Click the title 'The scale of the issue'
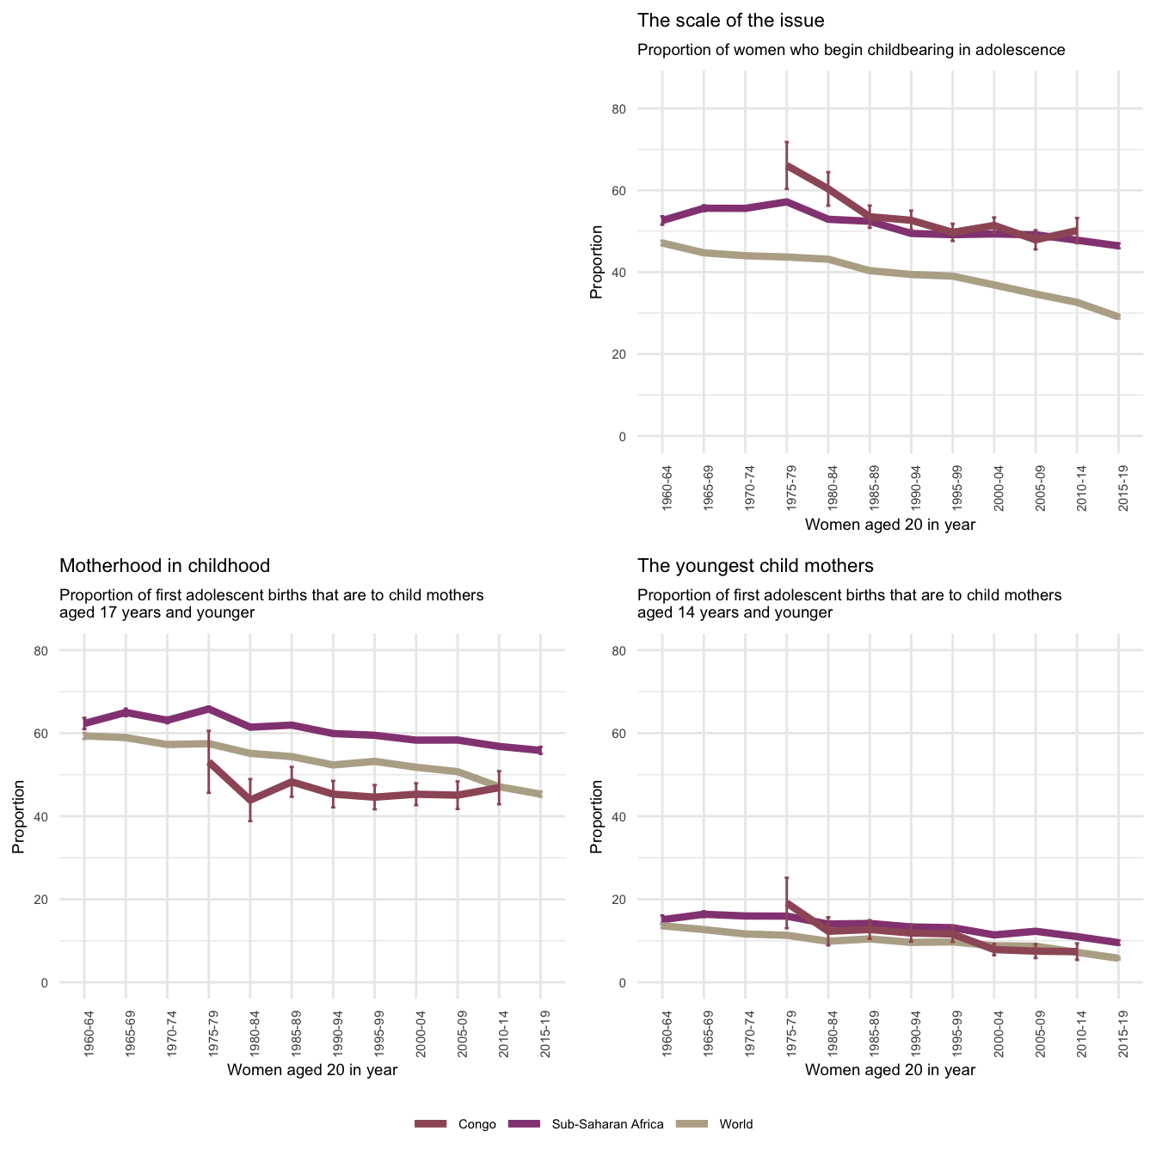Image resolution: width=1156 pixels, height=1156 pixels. tap(730, 21)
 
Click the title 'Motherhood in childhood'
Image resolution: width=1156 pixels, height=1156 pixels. tap(164, 566)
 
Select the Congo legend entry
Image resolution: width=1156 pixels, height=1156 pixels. tap(456, 1124)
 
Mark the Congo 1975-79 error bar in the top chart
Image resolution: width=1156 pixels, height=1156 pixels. tap(787, 165)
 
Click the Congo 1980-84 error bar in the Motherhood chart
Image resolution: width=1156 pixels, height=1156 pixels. tap(250, 800)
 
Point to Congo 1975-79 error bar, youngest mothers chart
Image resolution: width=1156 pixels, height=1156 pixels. tap(787, 903)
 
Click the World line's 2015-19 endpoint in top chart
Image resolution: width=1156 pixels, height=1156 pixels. tap(1118, 317)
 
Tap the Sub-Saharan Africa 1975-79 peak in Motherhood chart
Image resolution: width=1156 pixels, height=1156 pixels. tap(209, 709)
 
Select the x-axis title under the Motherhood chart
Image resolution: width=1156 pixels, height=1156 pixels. tap(311, 1070)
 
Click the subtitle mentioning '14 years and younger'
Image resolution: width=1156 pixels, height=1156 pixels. tap(849, 604)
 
